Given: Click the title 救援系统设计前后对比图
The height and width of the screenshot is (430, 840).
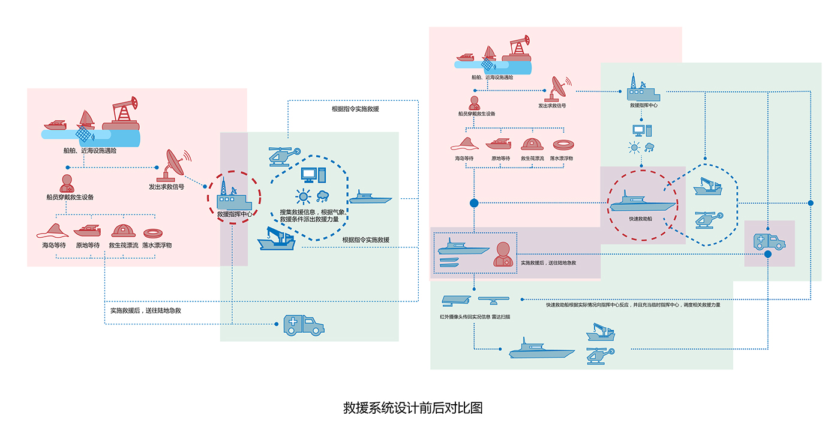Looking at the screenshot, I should coord(413,408).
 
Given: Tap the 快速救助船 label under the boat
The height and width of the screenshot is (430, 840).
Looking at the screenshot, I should coord(642,219).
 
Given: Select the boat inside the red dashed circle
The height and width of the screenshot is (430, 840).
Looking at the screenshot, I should coord(642,202).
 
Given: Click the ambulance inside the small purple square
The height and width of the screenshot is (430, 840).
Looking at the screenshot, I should coord(769,241).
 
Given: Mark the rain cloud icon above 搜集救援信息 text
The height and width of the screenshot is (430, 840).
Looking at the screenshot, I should coord(323,195).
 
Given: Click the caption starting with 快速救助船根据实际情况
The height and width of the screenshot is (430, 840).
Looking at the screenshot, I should coord(633,305).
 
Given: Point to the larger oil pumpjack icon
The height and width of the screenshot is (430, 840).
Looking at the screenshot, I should coord(122,114).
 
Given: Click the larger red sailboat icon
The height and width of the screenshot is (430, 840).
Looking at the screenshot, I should coord(86,120).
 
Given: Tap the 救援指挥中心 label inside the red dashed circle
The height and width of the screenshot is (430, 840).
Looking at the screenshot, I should coord(235,214).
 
